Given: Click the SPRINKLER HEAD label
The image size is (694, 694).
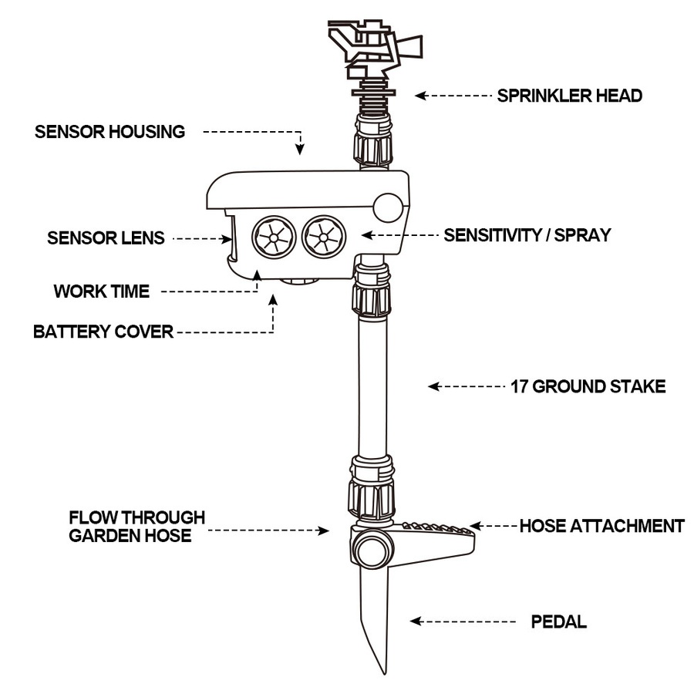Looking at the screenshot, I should click(x=569, y=96).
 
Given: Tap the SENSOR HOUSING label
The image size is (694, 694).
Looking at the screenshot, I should click(x=109, y=132).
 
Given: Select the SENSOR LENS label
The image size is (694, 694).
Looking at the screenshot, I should click(x=106, y=238).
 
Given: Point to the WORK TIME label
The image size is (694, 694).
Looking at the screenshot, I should click(x=101, y=291).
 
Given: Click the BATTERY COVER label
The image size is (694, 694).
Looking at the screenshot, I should click(x=103, y=332).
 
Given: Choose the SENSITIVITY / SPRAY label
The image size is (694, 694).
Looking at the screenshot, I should click(x=527, y=235).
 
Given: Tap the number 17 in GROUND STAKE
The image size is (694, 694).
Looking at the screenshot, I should click(x=519, y=386).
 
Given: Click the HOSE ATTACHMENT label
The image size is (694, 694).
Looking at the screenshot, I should click(x=601, y=527).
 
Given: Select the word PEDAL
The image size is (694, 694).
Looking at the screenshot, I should click(x=559, y=622).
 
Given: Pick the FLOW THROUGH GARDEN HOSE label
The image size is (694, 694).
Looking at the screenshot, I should click(x=136, y=526).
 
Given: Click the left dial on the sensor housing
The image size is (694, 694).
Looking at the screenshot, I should click(x=274, y=237).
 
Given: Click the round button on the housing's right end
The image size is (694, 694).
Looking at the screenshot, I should click(x=387, y=207).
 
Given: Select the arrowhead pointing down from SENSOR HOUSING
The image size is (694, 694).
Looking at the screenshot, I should click(x=300, y=149).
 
